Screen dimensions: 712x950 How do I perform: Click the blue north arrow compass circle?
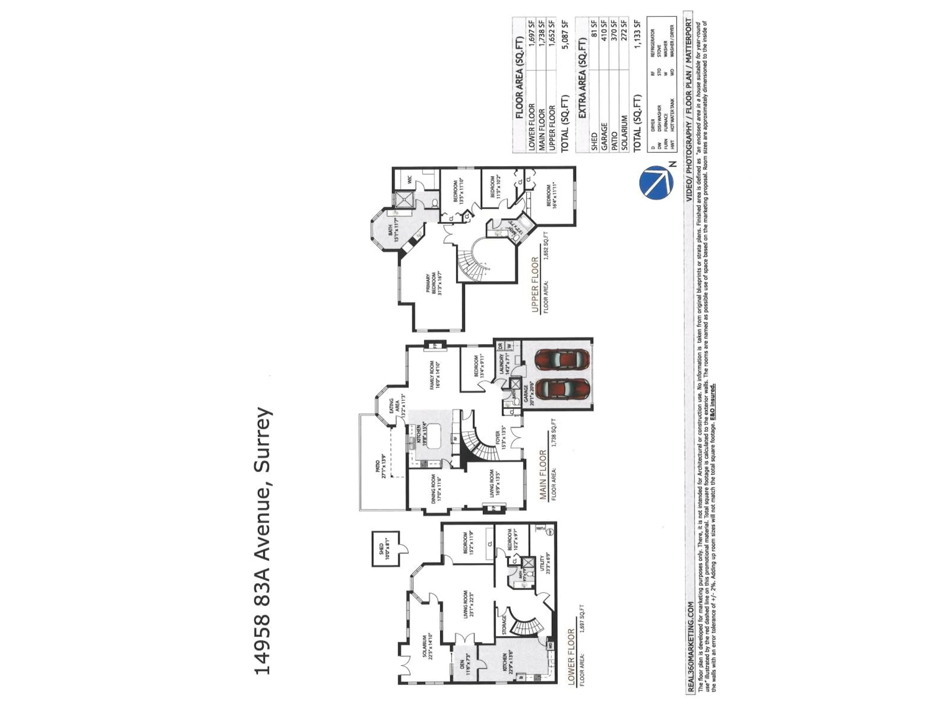656,182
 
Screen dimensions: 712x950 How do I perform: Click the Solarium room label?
427,647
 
